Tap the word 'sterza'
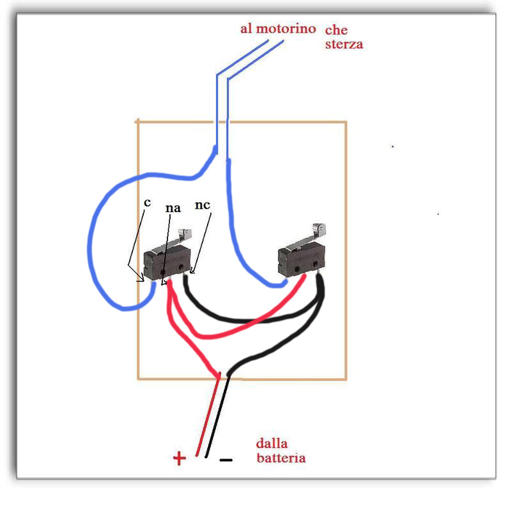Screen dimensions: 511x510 tap(344, 45)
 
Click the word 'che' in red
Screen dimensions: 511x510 tap(336, 31)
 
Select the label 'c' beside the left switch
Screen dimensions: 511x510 tap(147, 202)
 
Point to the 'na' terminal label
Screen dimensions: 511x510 tap(172, 208)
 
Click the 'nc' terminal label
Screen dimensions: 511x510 tap(203, 206)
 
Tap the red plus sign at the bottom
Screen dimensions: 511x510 tap(179, 458)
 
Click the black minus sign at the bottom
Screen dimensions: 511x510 tap(226, 459)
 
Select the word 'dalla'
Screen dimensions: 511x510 tap(271, 443)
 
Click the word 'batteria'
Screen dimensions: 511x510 tap(281, 458)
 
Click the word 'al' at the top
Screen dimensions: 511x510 tap(247, 29)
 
